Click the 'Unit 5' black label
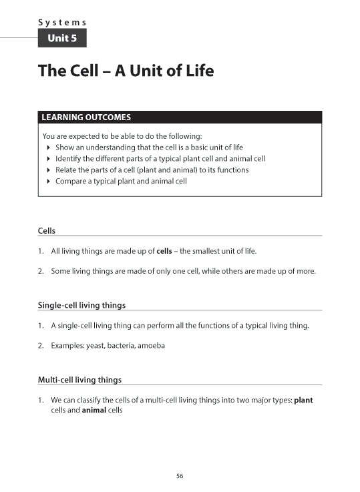click(62, 39)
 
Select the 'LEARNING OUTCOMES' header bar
click(180, 117)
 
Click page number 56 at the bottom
click(180, 475)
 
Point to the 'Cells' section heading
click(47, 231)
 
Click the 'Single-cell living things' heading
click(81, 305)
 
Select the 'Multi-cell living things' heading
click(80, 380)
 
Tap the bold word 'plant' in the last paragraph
click(303, 401)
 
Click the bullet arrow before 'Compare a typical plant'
click(49, 181)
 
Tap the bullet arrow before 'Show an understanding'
click(49, 147)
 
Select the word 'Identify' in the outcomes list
click(68, 158)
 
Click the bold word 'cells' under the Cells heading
click(164, 251)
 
